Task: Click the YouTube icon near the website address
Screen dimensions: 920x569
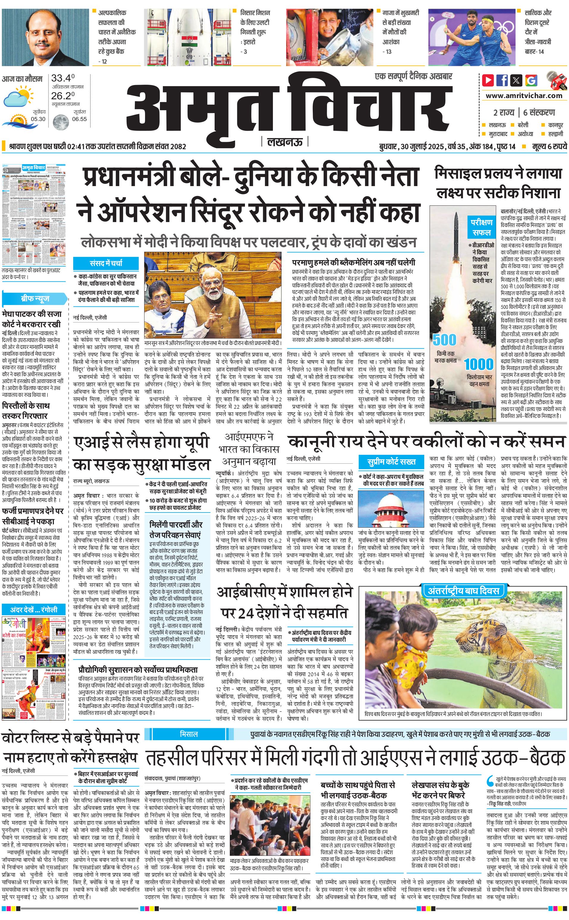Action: (x=488, y=80)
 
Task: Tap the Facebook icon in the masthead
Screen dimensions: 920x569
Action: (x=502, y=80)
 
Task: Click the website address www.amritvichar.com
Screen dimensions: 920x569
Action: (x=524, y=96)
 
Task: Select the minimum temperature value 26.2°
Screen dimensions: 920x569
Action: (x=63, y=96)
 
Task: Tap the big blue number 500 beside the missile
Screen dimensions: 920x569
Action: (x=444, y=340)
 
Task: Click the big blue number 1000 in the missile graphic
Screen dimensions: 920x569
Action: (x=479, y=364)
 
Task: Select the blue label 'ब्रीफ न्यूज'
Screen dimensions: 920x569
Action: (x=35, y=299)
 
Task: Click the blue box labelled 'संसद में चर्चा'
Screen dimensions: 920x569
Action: (x=106, y=263)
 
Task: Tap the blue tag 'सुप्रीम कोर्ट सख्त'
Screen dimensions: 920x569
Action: (x=392, y=462)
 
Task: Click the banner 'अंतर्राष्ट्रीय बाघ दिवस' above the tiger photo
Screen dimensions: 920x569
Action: (x=463, y=590)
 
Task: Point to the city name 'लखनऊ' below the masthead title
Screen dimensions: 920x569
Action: (x=285, y=142)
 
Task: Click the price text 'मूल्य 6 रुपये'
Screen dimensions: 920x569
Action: (x=549, y=146)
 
